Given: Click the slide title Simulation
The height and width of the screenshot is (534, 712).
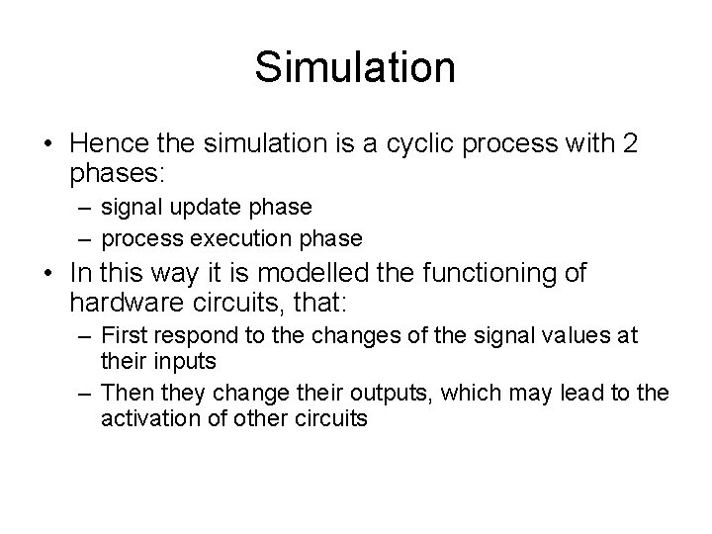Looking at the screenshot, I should pyautogui.click(x=355, y=67).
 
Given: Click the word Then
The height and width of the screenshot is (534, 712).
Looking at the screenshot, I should pyautogui.click(x=126, y=393).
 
